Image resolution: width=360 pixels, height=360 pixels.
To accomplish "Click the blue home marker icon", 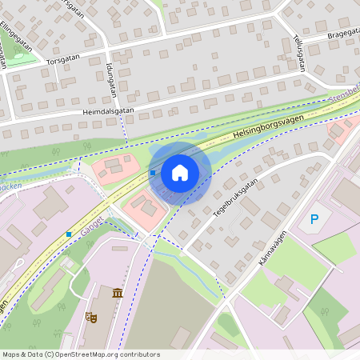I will (x=180, y=172).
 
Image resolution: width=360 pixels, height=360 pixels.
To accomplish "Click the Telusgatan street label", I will (x=299, y=53).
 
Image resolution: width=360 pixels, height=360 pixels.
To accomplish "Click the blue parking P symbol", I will (x=314, y=218).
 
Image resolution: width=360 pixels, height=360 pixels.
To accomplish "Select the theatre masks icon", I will (x=93, y=318).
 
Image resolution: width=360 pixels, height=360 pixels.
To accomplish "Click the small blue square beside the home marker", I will (x=152, y=172).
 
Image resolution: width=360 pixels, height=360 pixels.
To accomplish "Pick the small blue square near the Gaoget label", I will (x=69, y=234).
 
